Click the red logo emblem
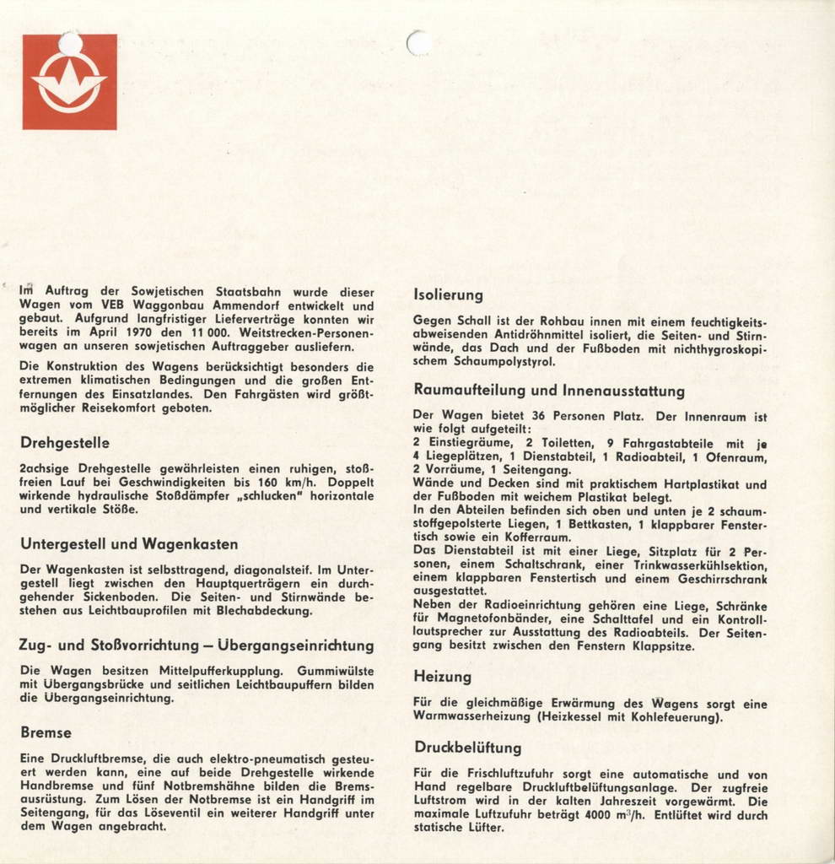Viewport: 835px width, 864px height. (69, 82)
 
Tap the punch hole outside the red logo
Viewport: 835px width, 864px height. (418, 42)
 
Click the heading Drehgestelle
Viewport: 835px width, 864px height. (64, 443)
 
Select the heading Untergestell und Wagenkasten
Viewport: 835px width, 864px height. (129, 544)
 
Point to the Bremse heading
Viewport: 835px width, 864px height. (46, 732)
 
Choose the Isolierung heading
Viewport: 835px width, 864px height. (448, 294)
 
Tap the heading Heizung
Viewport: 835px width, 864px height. (442, 677)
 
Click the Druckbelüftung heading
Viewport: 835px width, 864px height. (467, 748)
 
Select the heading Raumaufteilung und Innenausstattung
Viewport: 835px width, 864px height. (549, 391)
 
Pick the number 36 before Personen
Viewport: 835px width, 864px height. (539, 416)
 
